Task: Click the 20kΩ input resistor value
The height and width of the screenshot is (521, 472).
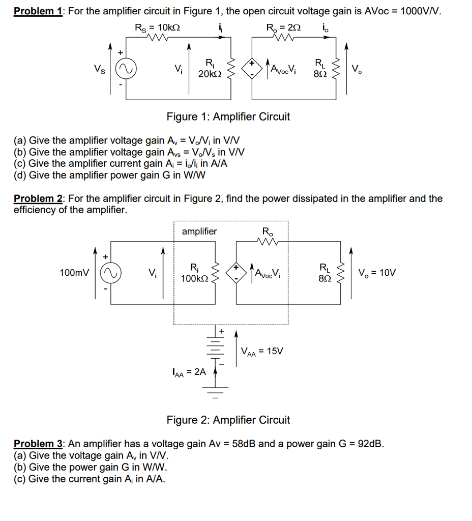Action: [209, 74]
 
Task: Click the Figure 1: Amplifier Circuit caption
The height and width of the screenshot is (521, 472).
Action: [228, 117]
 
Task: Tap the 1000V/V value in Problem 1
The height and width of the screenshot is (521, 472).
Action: [421, 11]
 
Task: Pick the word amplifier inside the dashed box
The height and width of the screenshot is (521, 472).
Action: [199, 231]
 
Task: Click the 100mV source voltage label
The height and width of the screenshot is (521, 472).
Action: [74, 273]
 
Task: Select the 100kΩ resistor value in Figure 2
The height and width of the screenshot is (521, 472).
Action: [194, 278]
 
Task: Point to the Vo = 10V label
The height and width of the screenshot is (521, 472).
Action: [377, 273]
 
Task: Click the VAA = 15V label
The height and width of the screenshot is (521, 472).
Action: [262, 351]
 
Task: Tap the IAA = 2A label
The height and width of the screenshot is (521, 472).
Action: [188, 372]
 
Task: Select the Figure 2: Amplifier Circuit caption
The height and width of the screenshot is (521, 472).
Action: [228, 420]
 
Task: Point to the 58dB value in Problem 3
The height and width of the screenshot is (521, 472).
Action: [246, 444]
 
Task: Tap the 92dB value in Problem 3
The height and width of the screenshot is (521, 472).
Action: [371, 444]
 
